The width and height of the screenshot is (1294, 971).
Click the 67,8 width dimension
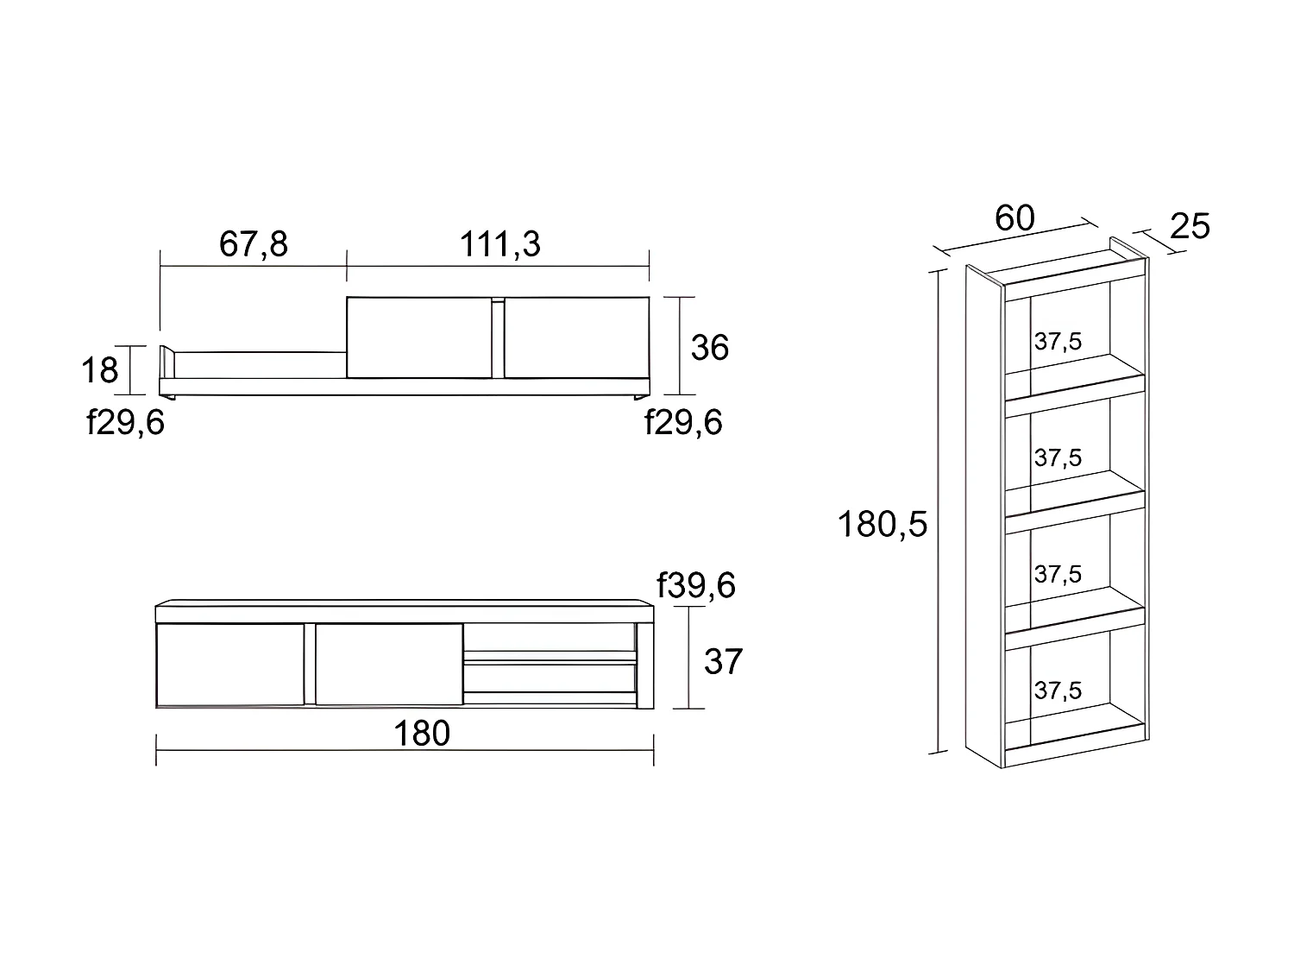coord(253,244)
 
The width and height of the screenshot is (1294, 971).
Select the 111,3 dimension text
coord(499,244)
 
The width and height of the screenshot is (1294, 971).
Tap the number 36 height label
coord(710,347)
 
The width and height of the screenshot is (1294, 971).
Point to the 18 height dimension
coord(99,370)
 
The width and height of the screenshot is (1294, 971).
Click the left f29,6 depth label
coord(125,424)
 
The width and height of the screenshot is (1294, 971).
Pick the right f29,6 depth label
coord(683,423)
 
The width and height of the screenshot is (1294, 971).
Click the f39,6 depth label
coord(696,585)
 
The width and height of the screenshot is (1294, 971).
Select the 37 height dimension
coord(722,662)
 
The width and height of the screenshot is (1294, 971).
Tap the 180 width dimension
coord(422,734)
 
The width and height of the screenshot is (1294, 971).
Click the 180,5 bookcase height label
coord(883,524)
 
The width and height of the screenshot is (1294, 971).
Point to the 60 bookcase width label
coord(1014,218)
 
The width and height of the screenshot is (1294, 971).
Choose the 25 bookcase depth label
coord(1190,226)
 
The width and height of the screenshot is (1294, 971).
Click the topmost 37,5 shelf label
coord(1058,342)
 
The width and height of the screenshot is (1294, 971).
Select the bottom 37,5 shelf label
coord(1058,690)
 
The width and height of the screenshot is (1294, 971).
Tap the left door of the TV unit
coord(230,665)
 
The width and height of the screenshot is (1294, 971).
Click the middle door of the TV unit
coord(389,665)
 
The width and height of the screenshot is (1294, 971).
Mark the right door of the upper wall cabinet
coord(576,337)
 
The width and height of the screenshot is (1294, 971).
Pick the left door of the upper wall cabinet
coord(418,337)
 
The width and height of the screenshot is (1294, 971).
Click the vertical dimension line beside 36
coord(681,345)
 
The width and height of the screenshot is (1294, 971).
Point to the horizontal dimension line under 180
coord(405,750)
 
